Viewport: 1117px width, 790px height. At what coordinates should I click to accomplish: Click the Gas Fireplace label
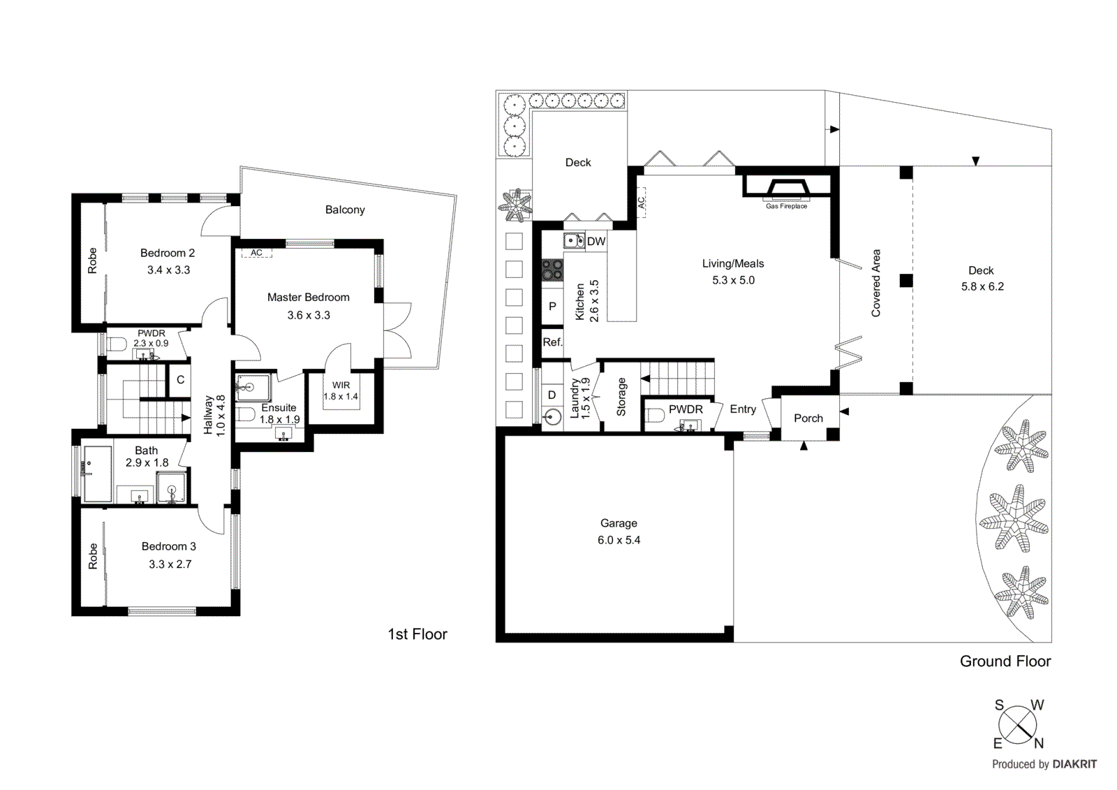click(x=786, y=206)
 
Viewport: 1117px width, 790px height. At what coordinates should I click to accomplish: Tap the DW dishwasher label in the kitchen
click(x=596, y=242)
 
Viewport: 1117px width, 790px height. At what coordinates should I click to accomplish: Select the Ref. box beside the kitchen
click(x=552, y=342)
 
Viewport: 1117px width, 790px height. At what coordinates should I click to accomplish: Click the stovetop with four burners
click(x=553, y=270)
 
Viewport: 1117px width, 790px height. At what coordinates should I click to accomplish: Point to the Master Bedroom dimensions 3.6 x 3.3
click(x=309, y=315)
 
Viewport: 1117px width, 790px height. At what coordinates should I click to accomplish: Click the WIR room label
click(x=341, y=385)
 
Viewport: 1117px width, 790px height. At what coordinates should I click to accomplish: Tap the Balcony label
click(x=345, y=210)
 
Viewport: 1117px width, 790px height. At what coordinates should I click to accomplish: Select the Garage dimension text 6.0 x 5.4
click(x=619, y=540)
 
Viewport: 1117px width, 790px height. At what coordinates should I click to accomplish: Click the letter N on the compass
click(x=1039, y=744)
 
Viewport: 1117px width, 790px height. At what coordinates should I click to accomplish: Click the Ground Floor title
click(x=1005, y=661)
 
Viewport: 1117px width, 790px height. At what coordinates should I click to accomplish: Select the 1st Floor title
click(x=417, y=634)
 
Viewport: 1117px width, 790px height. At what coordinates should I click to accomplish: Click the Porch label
click(x=808, y=418)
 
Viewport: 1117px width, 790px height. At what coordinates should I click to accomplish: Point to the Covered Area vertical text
click(x=876, y=283)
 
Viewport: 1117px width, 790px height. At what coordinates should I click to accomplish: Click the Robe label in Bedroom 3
click(x=93, y=557)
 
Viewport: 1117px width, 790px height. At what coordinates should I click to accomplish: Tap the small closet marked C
click(x=181, y=380)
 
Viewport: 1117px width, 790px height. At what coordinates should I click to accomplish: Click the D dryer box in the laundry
click(x=552, y=395)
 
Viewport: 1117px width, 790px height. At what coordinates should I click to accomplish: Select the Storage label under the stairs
click(x=621, y=397)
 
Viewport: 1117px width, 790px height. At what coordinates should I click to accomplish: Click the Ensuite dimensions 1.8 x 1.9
click(x=279, y=420)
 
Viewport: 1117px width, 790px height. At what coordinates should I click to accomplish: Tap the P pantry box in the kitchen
click(x=552, y=306)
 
